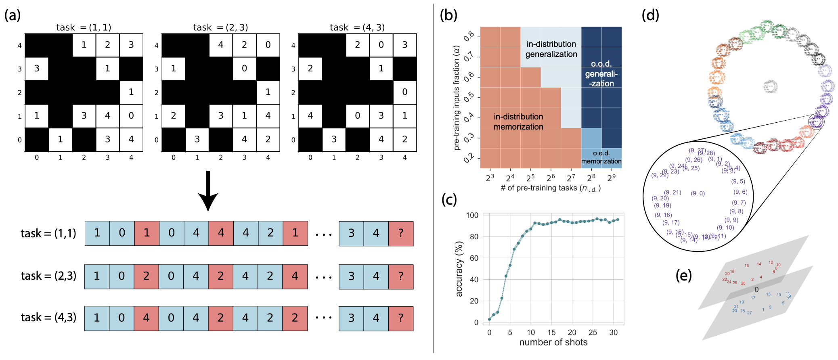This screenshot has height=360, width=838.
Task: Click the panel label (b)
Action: tap(448, 15)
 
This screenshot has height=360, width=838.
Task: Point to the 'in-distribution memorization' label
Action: tap(518, 121)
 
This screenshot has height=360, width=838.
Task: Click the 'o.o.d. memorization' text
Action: tap(601, 157)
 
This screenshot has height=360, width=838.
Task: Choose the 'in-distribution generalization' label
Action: tap(551, 49)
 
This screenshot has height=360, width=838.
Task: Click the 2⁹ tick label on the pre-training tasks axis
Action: tap(611, 178)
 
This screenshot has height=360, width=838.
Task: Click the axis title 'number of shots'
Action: tap(553, 342)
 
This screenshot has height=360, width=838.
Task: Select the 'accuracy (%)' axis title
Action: tap(459, 269)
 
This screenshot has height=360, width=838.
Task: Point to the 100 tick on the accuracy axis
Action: tap(472, 215)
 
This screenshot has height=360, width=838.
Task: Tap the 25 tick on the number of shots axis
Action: tap(593, 332)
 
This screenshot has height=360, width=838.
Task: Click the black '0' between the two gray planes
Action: tap(756, 290)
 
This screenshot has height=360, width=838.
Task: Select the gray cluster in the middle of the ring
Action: tap(771, 86)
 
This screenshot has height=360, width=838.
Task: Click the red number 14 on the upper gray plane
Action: tap(759, 264)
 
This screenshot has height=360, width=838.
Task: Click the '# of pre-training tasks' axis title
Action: tap(551, 188)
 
